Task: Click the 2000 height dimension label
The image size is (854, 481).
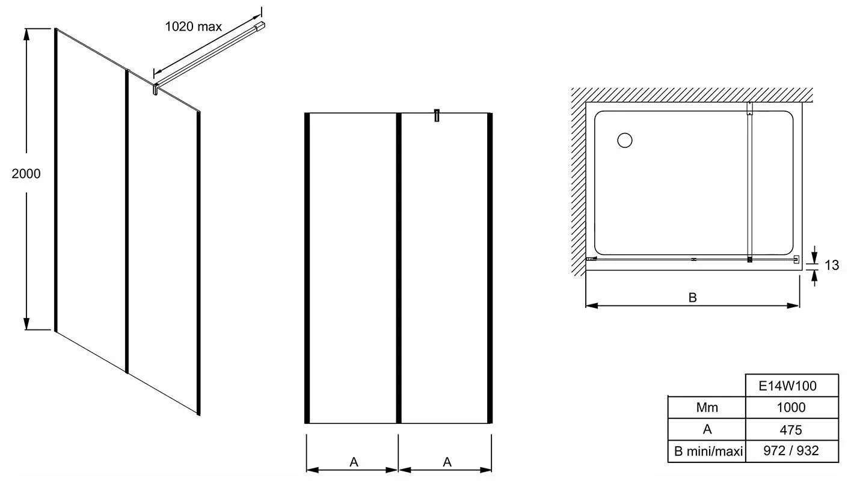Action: [x=26, y=173]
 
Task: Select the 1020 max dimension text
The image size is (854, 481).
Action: [x=193, y=26]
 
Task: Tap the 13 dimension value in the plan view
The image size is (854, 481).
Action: [x=832, y=265]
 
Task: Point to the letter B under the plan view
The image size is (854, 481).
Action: [x=693, y=297]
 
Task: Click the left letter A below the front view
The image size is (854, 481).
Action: [x=354, y=462]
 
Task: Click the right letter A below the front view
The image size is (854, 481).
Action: [x=447, y=462]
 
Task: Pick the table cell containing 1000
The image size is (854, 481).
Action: [x=792, y=408]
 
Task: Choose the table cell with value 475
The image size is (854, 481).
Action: [x=792, y=429]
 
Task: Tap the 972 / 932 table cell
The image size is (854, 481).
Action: [x=792, y=452]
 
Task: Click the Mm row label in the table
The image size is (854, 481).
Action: [x=707, y=408]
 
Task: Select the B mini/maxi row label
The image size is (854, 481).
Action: [x=708, y=452]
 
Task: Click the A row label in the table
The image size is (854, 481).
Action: [x=707, y=429]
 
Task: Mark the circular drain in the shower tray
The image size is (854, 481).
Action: [x=624, y=140]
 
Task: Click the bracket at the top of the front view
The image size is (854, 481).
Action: [x=437, y=115]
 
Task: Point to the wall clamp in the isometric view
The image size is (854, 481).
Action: [x=155, y=89]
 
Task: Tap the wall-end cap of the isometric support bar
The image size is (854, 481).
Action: [x=260, y=26]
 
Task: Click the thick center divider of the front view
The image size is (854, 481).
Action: [x=399, y=268]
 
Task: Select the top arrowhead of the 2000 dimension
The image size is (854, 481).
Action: [x=26, y=34]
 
